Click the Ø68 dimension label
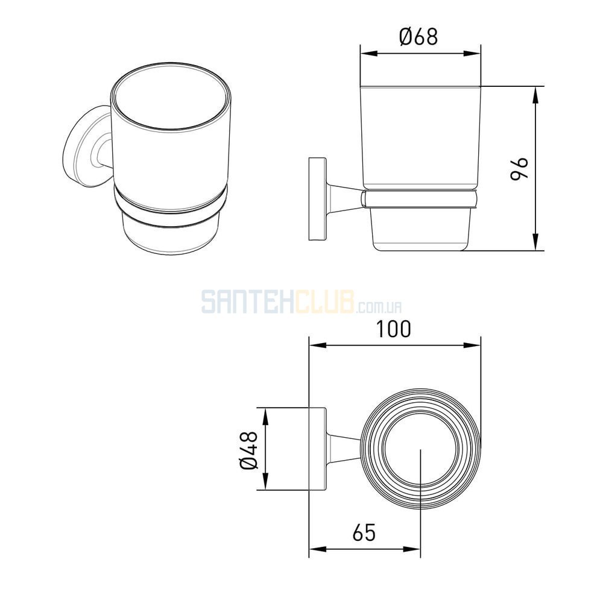pyautogui.click(x=418, y=37)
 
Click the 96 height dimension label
pyautogui.click(x=519, y=168)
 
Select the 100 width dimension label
pyautogui.click(x=393, y=329)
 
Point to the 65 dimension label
pyautogui.click(x=364, y=532)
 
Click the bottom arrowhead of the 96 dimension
pyautogui.click(x=535, y=242)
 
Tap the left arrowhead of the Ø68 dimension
pyautogui.click(x=369, y=54)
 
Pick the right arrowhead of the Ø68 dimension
pyautogui.click(x=472, y=54)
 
